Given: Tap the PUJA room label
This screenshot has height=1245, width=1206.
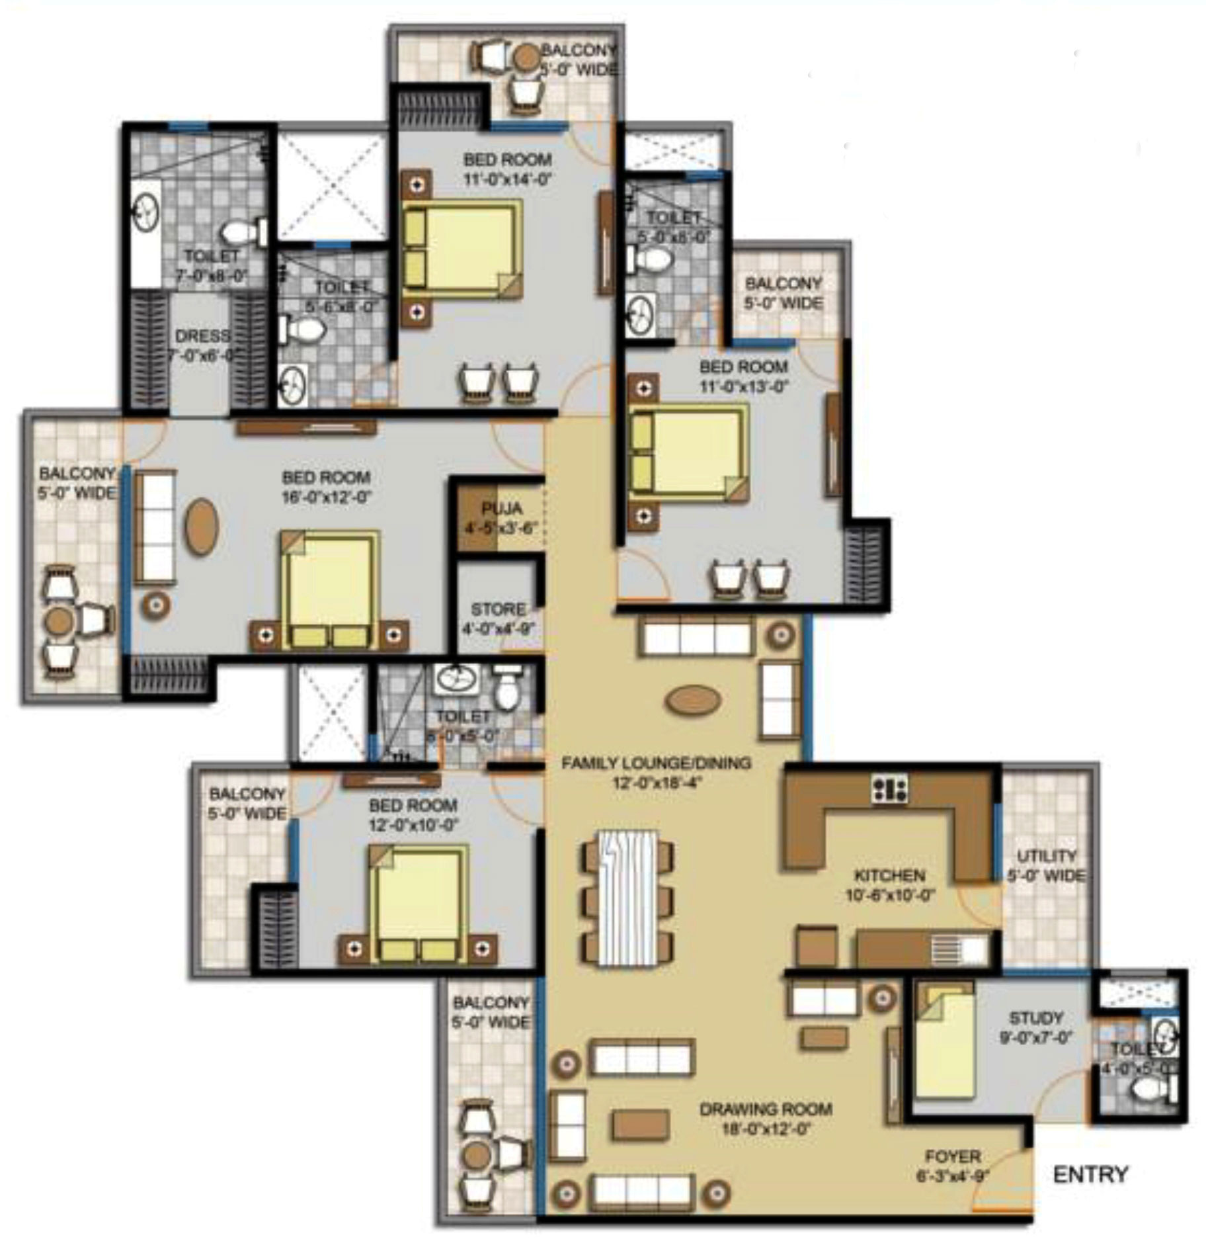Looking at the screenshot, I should click(x=502, y=509).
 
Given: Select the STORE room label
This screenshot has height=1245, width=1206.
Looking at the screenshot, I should click(x=498, y=609).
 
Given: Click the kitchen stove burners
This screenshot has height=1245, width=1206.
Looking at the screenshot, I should click(x=889, y=789).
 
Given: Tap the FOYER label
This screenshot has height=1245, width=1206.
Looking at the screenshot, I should click(x=952, y=1156).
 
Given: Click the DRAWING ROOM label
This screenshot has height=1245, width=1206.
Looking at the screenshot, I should click(x=766, y=1109).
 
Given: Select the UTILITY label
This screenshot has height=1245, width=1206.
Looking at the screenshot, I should click(x=1046, y=856).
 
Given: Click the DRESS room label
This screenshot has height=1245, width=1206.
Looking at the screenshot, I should click(x=202, y=336).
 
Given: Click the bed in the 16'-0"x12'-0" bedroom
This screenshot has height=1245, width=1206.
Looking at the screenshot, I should click(x=329, y=591).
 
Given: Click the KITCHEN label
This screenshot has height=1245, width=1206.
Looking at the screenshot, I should click(x=889, y=876).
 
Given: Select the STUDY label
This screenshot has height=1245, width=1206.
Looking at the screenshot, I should click(x=1035, y=1017).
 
